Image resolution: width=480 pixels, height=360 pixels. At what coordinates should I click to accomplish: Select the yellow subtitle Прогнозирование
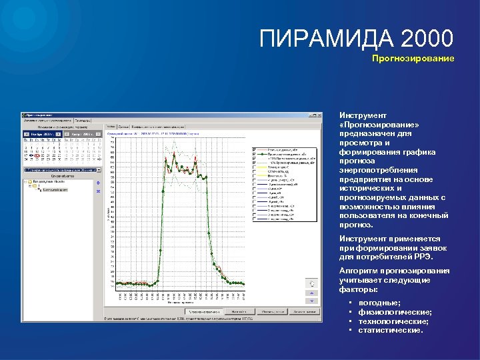click(x=413, y=59)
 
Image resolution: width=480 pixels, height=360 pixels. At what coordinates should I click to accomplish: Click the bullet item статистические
click(x=391, y=329)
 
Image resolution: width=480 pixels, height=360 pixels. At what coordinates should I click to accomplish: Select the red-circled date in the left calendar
click(x=37, y=155)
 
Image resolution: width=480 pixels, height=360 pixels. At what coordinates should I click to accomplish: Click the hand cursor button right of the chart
click(x=309, y=283)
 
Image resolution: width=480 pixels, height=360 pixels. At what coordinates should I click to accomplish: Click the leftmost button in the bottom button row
click(x=203, y=311)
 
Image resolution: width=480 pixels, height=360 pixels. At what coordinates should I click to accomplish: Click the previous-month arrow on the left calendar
click(x=26, y=134)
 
